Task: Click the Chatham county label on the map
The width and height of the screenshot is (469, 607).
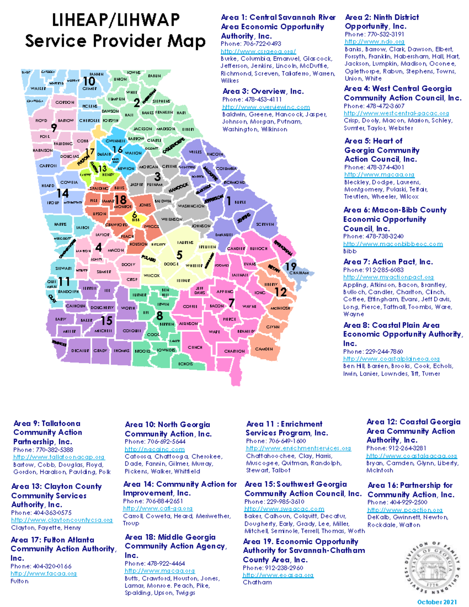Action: (299, 273)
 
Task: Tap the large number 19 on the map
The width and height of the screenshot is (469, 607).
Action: (290, 266)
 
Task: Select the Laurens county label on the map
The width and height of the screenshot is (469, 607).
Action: (185, 242)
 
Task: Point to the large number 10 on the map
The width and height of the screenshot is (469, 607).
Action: (89, 81)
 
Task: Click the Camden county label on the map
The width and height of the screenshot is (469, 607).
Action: (264, 349)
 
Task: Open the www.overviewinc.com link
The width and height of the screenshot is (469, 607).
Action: (266, 107)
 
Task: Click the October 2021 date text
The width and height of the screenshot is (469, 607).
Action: (437, 602)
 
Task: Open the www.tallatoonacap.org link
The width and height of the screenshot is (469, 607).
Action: (59, 457)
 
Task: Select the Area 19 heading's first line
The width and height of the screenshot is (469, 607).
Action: (300, 541)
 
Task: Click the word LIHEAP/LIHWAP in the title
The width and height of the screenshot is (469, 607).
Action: (116, 20)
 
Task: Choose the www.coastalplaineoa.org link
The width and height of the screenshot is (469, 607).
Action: (391, 358)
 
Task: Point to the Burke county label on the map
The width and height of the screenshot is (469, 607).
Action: (240, 202)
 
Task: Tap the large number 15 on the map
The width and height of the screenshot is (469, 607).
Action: (107, 321)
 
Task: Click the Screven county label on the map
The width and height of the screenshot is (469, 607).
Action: (265, 224)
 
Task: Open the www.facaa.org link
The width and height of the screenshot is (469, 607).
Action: (43, 573)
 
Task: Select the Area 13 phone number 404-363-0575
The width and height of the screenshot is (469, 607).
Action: (41, 512)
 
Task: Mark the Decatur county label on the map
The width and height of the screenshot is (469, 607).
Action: (80, 351)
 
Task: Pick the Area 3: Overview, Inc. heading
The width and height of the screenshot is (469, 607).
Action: (263, 91)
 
